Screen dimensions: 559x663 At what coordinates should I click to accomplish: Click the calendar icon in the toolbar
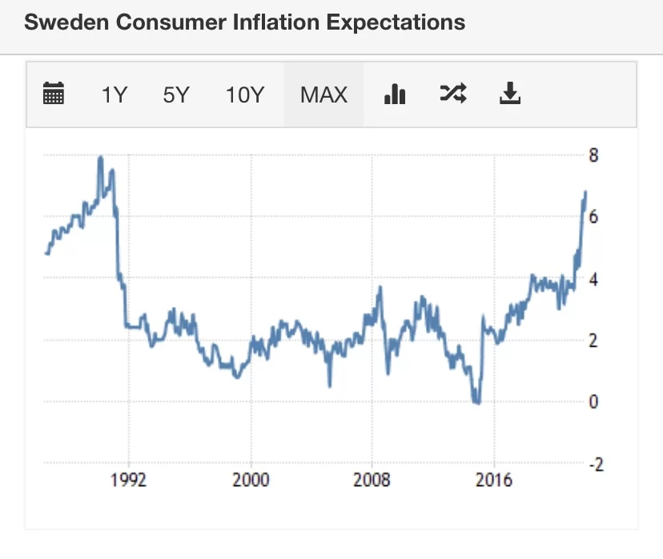(x=54, y=95)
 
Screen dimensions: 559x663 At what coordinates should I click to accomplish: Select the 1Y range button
(x=114, y=95)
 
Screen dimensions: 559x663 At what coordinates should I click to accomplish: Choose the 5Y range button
(x=175, y=95)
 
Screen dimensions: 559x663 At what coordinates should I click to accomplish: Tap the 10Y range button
(x=244, y=95)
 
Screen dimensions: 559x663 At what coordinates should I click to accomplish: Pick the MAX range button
(x=323, y=95)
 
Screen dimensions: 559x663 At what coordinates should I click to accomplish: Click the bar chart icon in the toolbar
(x=395, y=95)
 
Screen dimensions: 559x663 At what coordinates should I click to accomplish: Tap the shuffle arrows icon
(x=452, y=95)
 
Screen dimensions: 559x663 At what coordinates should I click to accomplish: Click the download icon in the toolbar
(x=510, y=95)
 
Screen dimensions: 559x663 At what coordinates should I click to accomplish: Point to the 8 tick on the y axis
(x=593, y=155)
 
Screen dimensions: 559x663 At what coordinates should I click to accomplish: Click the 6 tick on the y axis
(x=593, y=217)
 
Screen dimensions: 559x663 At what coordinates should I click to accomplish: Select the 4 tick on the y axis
(x=593, y=279)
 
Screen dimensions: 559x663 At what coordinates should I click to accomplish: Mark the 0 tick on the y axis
(x=593, y=402)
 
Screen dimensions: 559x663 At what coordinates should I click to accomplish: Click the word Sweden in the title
(x=66, y=22)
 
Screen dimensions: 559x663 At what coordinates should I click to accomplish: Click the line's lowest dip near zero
(x=477, y=402)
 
